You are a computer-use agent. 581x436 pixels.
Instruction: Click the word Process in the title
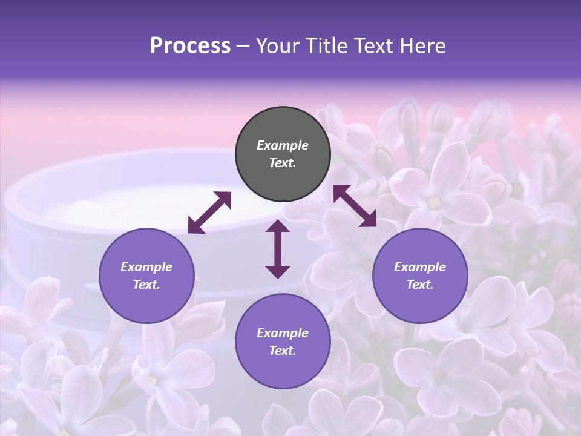pyautogui.click(x=190, y=46)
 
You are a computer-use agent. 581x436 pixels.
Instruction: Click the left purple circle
pyautogui.click(x=146, y=276)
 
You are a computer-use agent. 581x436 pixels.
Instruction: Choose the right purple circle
pyautogui.click(x=420, y=276)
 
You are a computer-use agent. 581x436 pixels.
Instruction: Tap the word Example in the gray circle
pyautogui.click(x=283, y=145)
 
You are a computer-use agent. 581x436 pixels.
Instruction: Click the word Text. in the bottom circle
pyautogui.click(x=283, y=351)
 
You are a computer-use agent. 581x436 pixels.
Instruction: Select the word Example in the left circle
pyautogui.click(x=146, y=267)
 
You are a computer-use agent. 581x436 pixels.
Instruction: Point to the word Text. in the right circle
pyautogui.click(x=420, y=285)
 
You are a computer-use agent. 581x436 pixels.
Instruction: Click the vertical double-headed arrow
pyautogui.click(x=278, y=249)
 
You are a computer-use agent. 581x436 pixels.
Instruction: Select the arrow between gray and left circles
pyautogui.click(x=209, y=213)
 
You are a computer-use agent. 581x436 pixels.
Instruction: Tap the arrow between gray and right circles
pyautogui.click(x=355, y=206)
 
